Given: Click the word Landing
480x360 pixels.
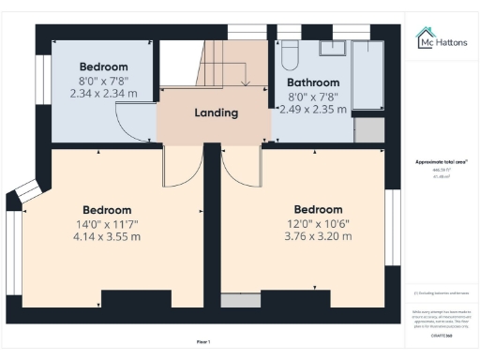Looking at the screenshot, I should pyautogui.click(x=216, y=113).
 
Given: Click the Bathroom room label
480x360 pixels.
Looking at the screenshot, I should pyautogui.click(x=312, y=81).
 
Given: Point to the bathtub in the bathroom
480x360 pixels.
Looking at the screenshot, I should pyautogui.click(x=367, y=75).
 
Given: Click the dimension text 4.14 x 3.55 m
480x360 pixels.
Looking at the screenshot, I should pyautogui.click(x=107, y=237).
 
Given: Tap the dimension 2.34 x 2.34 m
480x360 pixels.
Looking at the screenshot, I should pyautogui.click(x=103, y=94).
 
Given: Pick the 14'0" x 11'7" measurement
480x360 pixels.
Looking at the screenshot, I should pyautogui.click(x=107, y=224).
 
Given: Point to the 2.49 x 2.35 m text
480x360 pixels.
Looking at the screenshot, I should pyautogui.click(x=312, y=109).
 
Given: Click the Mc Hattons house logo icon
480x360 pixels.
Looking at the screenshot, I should pyautogui.click(x=424, y=37).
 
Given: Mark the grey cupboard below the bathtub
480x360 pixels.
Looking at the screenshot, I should pyautogui.click(x=369, y=130).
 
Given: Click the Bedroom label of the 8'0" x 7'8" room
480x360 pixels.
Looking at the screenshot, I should pyautogui.click(x=103, y=67).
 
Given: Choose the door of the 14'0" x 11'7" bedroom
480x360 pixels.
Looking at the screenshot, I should pyautogui.click(x=178, y=167).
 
